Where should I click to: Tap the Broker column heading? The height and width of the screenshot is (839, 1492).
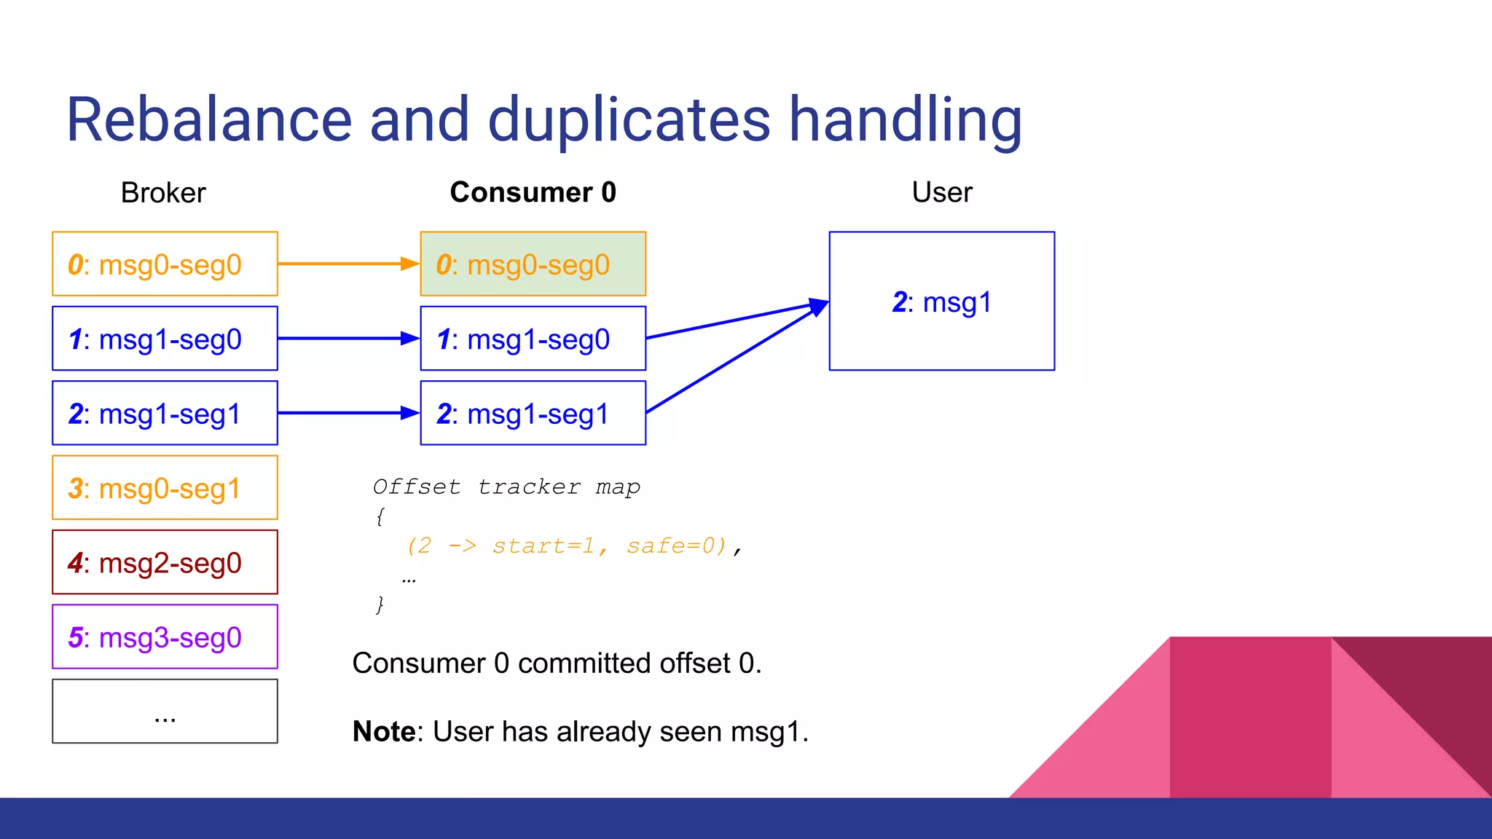click(163, 193)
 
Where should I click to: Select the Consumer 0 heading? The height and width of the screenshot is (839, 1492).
click(533, 192)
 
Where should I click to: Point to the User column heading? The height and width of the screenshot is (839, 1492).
click(941, 192)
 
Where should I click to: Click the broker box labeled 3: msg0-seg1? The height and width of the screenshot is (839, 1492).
click(165, 488)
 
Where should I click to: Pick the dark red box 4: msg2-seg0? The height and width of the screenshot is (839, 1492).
click(165, 562)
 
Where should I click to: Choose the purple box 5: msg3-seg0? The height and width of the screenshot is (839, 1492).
click(165, 637)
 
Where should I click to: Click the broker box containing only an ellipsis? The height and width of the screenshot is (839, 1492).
click(165, 712)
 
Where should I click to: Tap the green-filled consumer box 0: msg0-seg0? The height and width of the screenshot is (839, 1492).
click(533, 264)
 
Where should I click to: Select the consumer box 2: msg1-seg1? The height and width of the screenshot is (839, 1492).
click(533, 414)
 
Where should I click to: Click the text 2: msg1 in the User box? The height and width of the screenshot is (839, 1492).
click(941, 302)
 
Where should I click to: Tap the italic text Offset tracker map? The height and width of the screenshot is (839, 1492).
click(506, 487)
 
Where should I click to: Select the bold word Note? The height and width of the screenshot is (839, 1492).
click(383, 731)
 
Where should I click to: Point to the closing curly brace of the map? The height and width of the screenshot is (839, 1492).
click(380, 604)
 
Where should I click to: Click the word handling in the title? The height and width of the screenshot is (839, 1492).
click(906, 120)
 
